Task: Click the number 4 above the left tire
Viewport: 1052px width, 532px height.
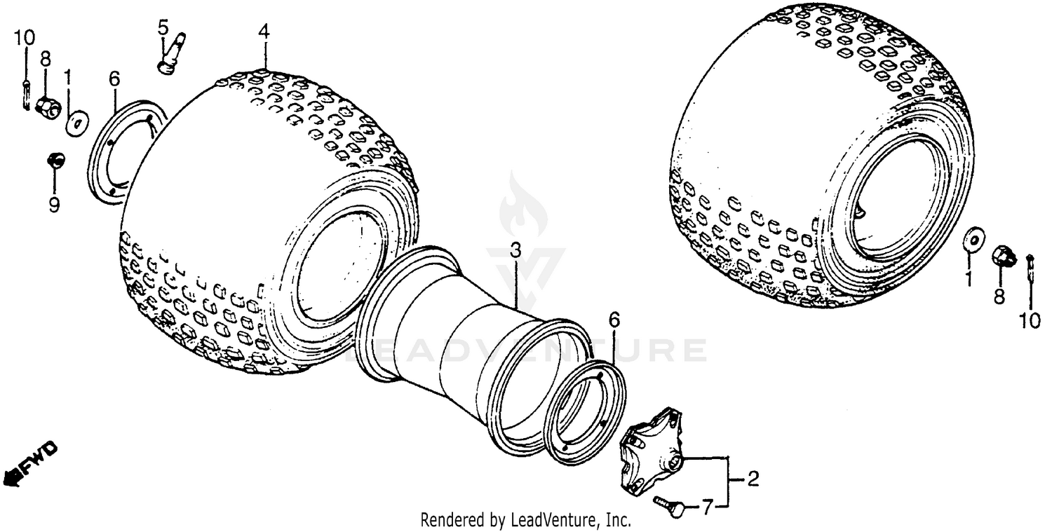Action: (x=263, y=32)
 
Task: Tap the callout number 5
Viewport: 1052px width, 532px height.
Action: (x=163, y=28)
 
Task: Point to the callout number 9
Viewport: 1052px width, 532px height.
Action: (x=54, y=204)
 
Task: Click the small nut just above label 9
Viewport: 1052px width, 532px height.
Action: (x=54, y=161)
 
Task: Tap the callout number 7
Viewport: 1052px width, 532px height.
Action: (x=708, y=506)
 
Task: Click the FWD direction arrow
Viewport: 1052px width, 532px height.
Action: (x=29, y=465)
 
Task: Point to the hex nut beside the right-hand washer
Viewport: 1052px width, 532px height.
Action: (x=1004, y=257)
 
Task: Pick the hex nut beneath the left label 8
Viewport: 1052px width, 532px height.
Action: (x=47, y=107)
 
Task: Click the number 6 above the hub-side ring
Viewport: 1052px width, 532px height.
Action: (x=614, y=320)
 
